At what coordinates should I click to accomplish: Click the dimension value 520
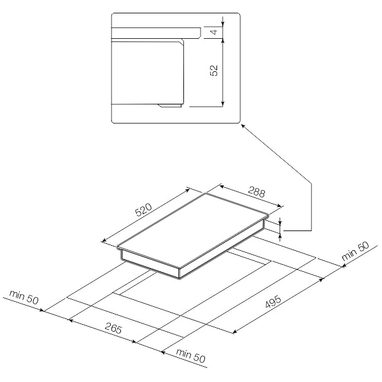[x=144, y=209]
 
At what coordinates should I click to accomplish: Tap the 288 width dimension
[x=257, y=192]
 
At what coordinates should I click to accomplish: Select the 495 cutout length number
[x=273, y=302]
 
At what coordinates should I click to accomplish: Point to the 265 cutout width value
[x=113, y=328]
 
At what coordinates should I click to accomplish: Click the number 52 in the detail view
[x=214, y=71]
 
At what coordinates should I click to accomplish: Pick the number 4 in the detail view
[x=214, y=32]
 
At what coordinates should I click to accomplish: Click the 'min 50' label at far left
[x=24, y=297]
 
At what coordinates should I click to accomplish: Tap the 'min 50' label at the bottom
[x=191, y=355]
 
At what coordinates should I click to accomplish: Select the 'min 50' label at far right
[x=355, y=251]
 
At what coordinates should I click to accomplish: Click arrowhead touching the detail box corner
[x=243, y=125]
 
